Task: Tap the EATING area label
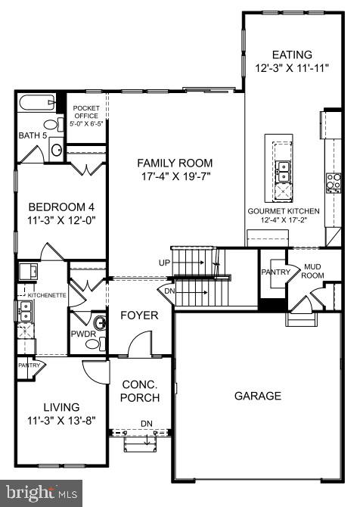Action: coord(291,54)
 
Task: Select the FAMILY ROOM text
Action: coord(175,163)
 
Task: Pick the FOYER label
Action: coord(139,315)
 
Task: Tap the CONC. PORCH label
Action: coord(140,391)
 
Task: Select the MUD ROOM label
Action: coord(314,271)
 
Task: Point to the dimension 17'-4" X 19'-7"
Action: coord(175,177)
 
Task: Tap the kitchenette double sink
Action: coord(24,309)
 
